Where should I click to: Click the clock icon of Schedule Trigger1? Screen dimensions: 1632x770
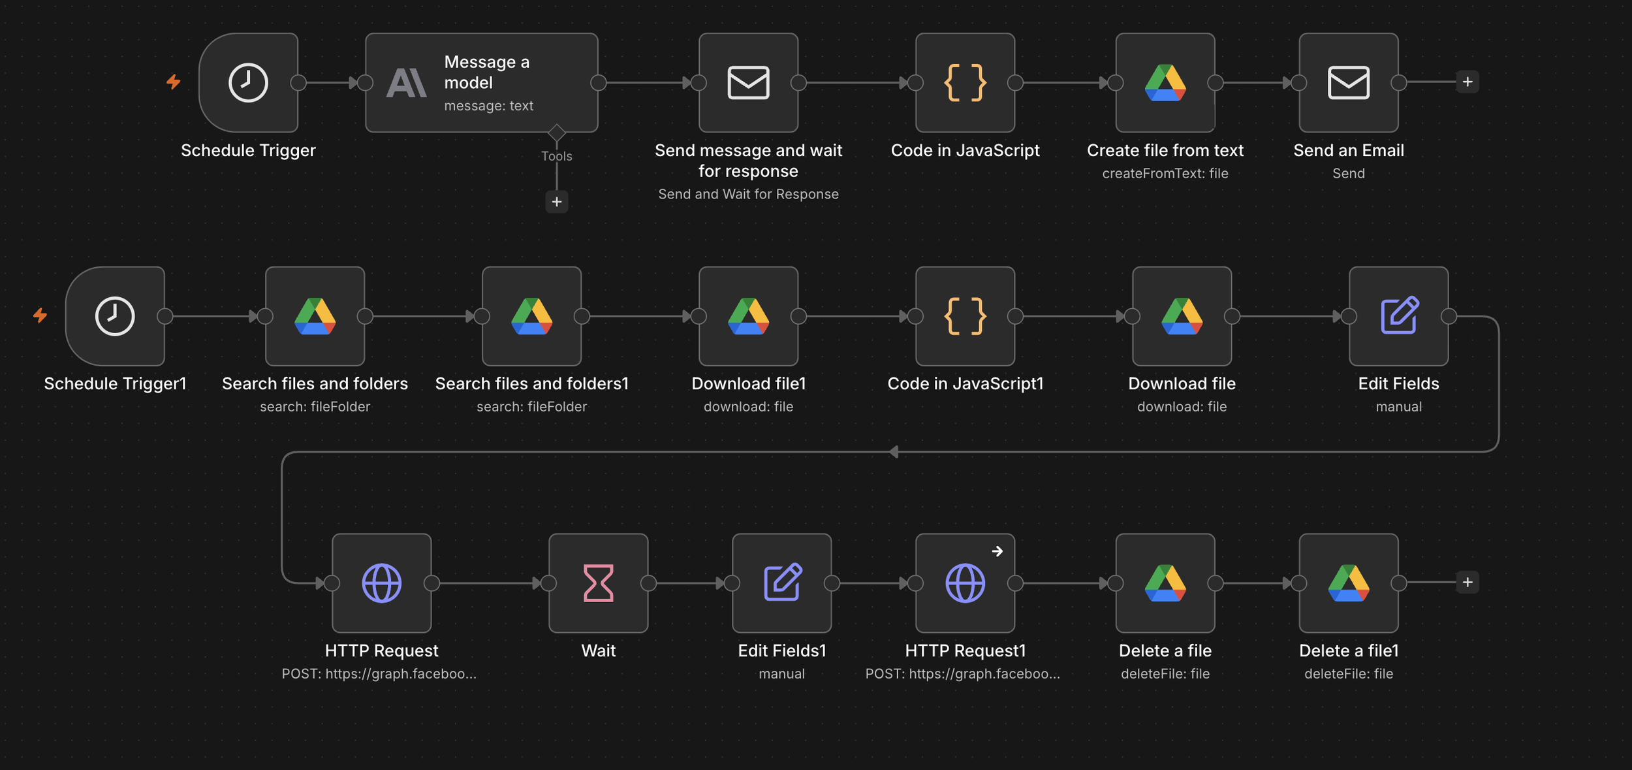[115, 316]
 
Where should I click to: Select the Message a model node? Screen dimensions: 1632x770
[482, 83]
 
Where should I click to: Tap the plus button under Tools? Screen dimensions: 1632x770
[557, 202]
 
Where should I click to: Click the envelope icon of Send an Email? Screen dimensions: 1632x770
[1349, 83]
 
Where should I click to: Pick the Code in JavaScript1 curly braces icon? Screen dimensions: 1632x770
[965, 316]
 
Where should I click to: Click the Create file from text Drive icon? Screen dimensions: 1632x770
[1165, 83]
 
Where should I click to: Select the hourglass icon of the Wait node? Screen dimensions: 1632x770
[599, 583]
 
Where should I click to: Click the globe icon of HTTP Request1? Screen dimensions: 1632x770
[965, 583]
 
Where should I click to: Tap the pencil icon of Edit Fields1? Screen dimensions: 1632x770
[782, 581]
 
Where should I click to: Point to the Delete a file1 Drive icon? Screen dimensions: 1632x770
[1349, 583]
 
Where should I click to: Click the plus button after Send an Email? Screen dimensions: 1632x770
[1467, 82]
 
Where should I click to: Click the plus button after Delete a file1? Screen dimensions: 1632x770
[1467, 582]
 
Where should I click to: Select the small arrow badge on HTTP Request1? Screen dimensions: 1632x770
[997, 551]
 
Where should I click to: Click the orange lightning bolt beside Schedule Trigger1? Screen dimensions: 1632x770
[40, 315]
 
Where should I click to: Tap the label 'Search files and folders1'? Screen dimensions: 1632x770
[532, 383]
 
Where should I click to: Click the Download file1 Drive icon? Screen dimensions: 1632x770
[749, 316]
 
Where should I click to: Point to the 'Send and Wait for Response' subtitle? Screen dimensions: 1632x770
[748, 194]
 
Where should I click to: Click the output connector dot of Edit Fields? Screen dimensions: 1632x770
[1449, 316]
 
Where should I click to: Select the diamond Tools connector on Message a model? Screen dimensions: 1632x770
[557, 133]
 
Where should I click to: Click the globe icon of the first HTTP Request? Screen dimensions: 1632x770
[382, 583]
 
